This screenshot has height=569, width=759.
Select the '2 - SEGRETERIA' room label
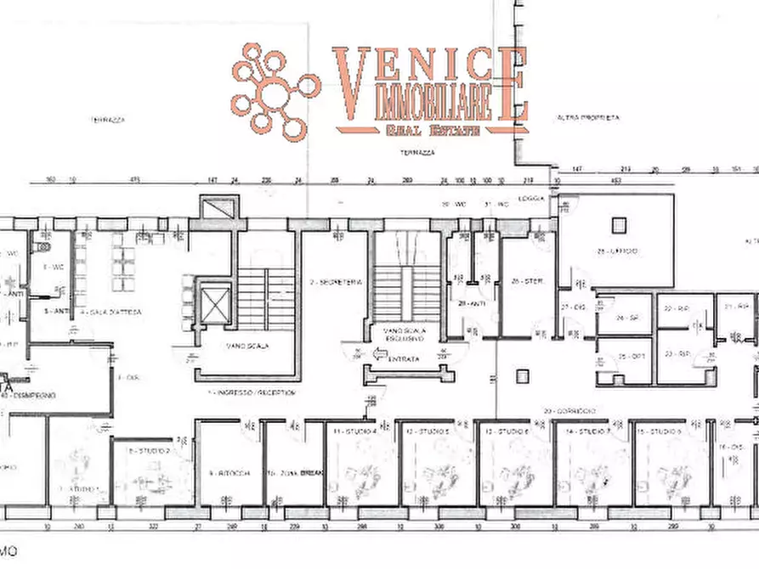pyautogui.click(x=337, y=282)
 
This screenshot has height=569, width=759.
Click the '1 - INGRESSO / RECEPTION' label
pyautogui.click(x=257, y=392)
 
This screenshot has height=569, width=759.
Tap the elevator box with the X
pyautogui.click(x=212, y=301)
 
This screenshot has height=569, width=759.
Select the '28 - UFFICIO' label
pyautogui.click(x=618, y=251)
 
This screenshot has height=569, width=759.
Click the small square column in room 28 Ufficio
pyautogui.click(x=619, y=224)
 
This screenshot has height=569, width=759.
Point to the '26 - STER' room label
pyautogui.click(x=528, y=282)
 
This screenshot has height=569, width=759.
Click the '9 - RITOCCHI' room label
pyautogui.click(x=228, y=473)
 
